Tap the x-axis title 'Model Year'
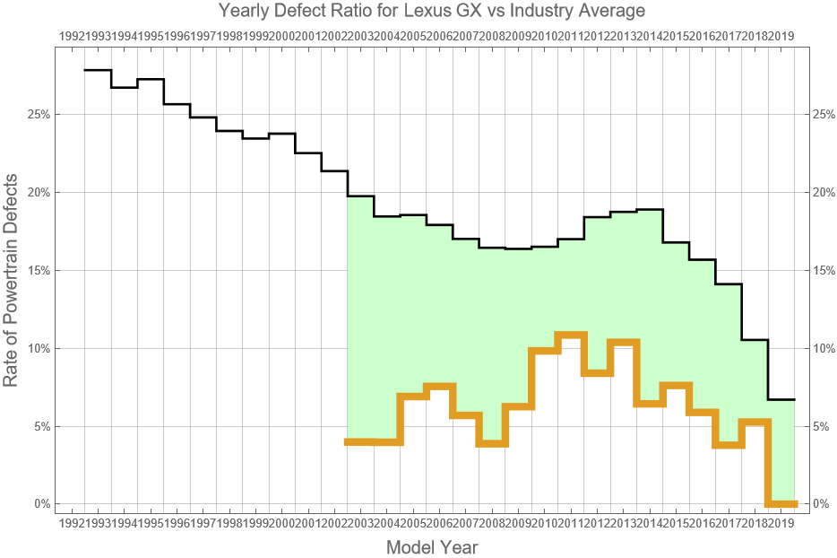(x=431, y=546)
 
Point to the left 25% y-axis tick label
(x=39, y=115)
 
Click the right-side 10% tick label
(x=822, y=348)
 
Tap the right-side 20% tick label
(x=822, y=192)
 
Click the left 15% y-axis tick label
(x=39, y=270)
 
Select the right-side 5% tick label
(x=820, y=426)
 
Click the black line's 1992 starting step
(x=98, y=70)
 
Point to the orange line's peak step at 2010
(x=571, y=336)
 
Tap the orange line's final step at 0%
(x=781, y=503)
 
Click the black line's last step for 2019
(x=781, y=399)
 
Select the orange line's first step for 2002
(x=360, y=441)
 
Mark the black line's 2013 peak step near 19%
(x=650, y=210)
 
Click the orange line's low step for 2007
(x=492, y=443)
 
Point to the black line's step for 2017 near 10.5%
(x=755, y=340)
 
